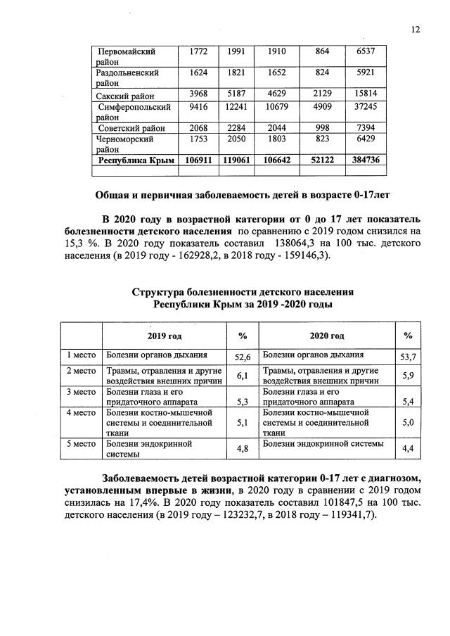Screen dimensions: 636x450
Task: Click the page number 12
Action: (416, 29)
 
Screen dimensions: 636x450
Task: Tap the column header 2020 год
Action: (327, 336)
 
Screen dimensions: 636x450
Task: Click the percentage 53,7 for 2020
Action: (408, 357)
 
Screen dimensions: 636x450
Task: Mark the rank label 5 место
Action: (81, 444)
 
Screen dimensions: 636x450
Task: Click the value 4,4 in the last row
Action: (408, 448)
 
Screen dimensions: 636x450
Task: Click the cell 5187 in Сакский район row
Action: (234, 95)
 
